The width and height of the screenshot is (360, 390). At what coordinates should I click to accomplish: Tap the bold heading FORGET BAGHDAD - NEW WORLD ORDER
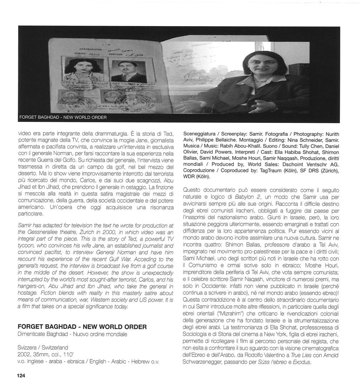click(x=82, y=327)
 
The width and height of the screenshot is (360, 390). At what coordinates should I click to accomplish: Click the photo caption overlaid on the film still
click(x=63, y=117)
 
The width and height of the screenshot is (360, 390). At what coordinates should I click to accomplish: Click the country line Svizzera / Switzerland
click(x=43, y=347)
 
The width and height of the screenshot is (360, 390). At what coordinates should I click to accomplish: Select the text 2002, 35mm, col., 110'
click(x=45, y=354)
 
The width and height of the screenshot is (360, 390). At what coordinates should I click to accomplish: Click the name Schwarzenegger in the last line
click(x=206, y=362)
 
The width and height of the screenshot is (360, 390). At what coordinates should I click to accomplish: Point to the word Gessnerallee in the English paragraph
click(x=38, y=232)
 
